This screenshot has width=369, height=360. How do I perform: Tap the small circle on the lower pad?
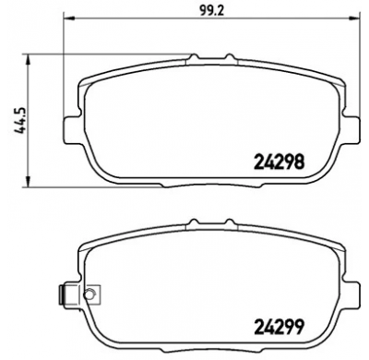89,295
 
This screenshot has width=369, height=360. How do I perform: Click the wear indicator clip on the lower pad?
65,294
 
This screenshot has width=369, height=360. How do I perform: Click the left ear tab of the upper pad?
69,124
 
